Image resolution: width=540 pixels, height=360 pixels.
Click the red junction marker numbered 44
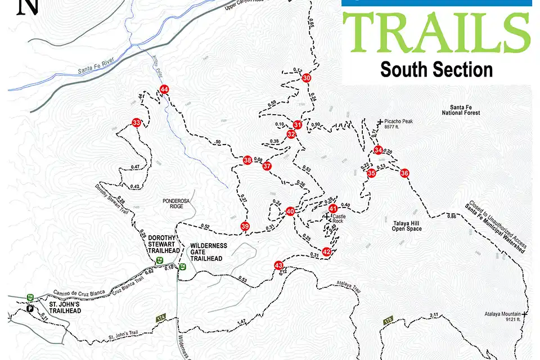[164, 89]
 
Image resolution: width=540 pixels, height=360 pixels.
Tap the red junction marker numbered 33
[136, 122]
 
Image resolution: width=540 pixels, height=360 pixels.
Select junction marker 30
[307, 78]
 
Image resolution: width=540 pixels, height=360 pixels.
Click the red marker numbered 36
[404, 173]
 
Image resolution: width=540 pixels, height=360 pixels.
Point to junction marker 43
[278, 265]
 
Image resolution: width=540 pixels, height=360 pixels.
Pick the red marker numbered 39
[245, 226]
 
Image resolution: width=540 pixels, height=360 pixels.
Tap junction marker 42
[326, 251]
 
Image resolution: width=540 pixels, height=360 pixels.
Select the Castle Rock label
[337, 218]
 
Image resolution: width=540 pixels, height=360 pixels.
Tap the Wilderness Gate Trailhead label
[208, 252]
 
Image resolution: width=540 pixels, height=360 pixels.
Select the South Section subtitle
[436, 70]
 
